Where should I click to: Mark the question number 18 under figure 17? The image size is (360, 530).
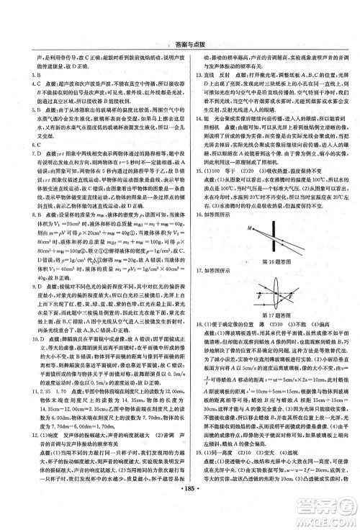point(190,325)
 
